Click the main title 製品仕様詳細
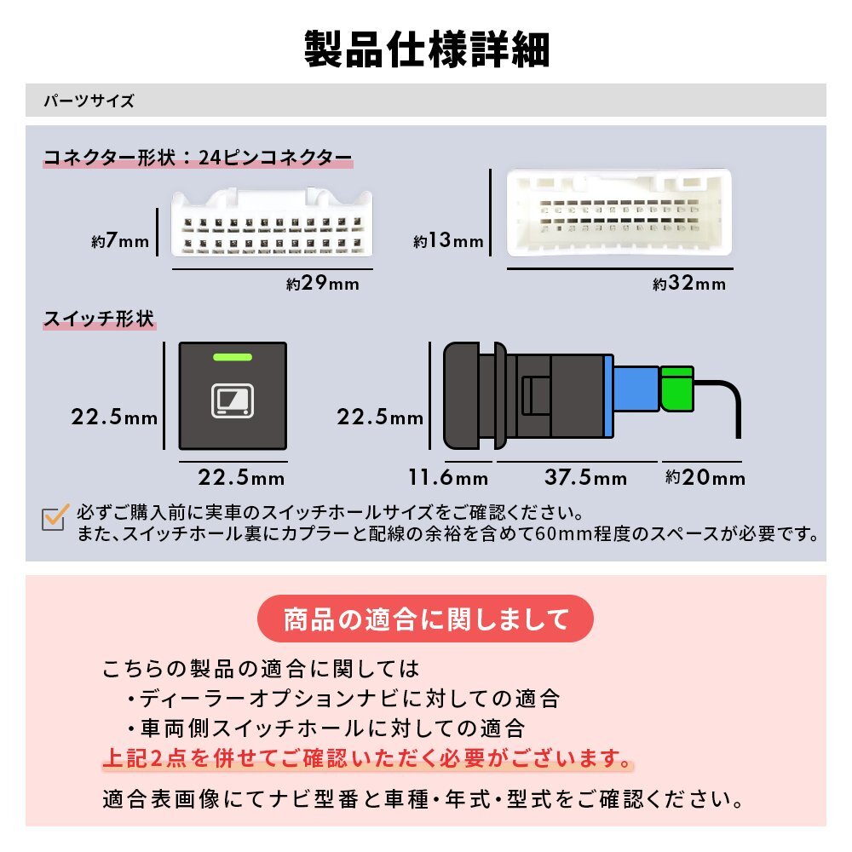coord(426,49)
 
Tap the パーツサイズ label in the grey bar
coord(89,101)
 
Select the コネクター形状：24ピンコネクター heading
coord(197,158)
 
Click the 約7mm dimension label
coord(120,241)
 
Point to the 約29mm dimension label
coord(322,284)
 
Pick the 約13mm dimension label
coord(448,241)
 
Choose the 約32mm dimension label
coord(689,284)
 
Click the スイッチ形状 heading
coord(99,319)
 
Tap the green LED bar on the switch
coord(232,357)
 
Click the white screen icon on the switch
coord(232,400)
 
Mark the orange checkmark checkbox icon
coord(55,517)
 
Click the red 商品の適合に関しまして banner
coord(425,617)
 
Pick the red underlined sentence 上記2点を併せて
coord(368,757)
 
